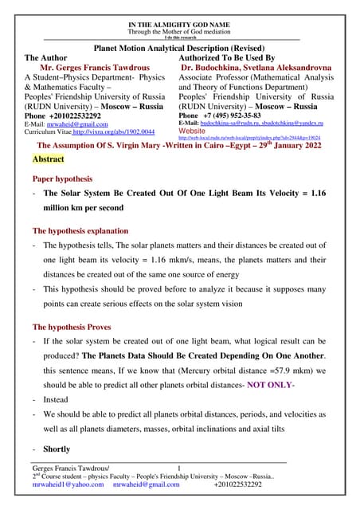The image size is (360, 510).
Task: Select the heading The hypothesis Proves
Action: [72, 328]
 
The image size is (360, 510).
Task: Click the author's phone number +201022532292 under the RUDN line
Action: [64, 115]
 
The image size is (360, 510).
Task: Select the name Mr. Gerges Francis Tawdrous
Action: [98, 69]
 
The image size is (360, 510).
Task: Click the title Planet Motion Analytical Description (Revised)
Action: [179, 48]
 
